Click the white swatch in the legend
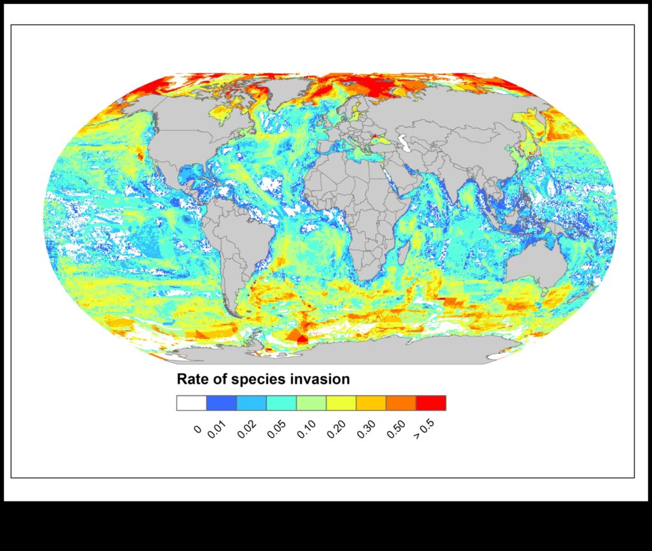192,403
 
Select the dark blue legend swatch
222,403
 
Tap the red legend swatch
430,403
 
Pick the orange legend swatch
400,403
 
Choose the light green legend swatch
311,403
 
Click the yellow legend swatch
341,403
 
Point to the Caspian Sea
402,138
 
